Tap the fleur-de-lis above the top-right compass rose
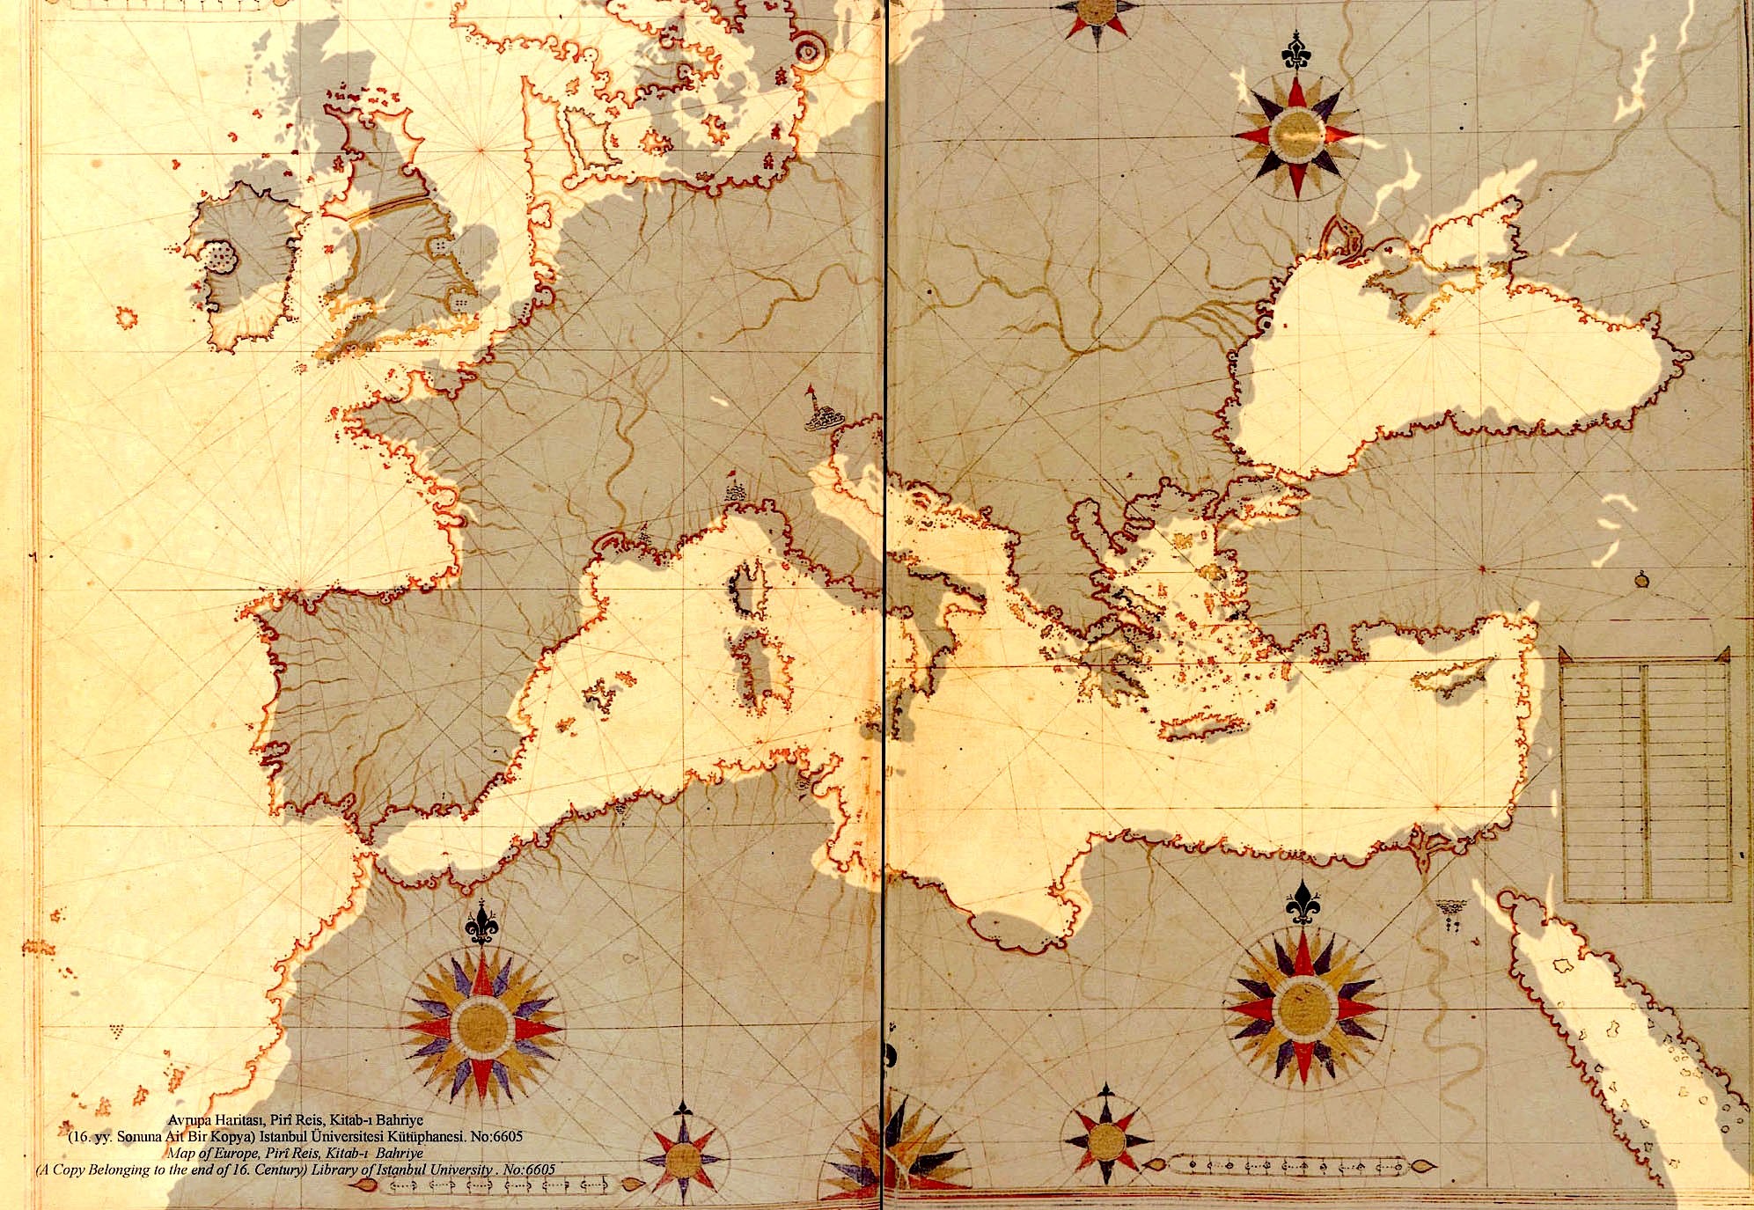1295,53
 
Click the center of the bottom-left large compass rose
482,1025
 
